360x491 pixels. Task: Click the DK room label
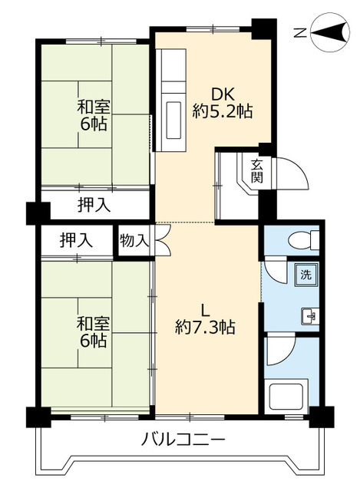(223, 94)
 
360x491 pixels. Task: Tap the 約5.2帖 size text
(223, 111)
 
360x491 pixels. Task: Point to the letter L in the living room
(205, 310)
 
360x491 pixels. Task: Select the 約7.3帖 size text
(205, 327)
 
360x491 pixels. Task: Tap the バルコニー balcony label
(183, 440)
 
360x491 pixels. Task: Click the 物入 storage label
(134, 240)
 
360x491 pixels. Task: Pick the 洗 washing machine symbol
(305, 274)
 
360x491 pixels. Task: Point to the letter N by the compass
(301, 32)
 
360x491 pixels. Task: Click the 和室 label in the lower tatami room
(91, 321)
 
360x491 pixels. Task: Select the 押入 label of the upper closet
(94, 205)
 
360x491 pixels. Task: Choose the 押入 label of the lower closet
(77, 240)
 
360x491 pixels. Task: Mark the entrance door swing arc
(296, 170)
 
